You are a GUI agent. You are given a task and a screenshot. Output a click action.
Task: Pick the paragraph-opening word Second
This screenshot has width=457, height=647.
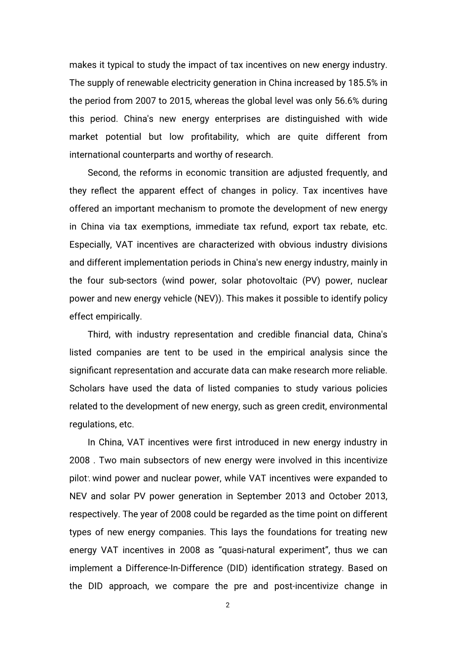tap(103, 173)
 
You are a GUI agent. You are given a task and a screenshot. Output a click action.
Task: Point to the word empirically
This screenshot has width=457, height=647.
tap(120, 317)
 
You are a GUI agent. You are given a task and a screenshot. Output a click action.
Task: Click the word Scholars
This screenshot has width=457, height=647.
tap(86, 388)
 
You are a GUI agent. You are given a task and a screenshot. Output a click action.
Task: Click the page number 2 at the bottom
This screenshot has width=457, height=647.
tap(228, 605)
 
